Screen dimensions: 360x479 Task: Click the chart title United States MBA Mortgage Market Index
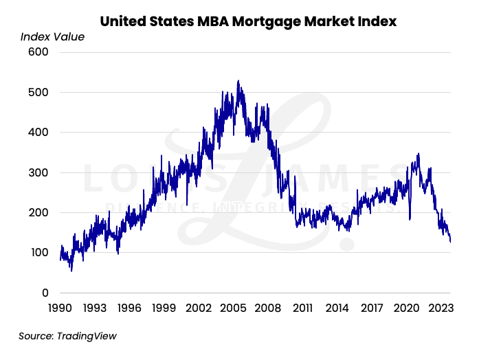point(248,21)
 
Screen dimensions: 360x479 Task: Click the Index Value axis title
point(52,37)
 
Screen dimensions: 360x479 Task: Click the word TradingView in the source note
point(87,336)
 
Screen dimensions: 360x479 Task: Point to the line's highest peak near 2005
point(238,81)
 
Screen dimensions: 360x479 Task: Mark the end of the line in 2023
point(450,241)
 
